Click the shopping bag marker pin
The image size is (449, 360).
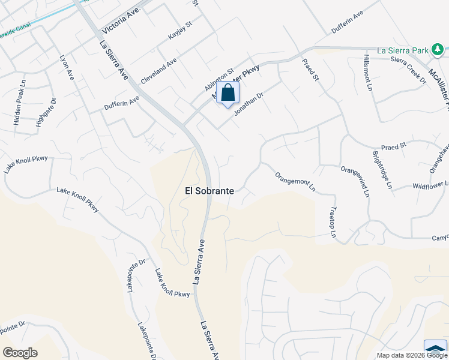(x=228, y=93)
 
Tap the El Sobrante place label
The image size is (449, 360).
(x=209, y=190)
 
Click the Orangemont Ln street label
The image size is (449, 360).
(x=295, y=181)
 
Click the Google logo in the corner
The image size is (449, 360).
(x=20, y=353)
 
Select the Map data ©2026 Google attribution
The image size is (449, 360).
(x=412, y=355)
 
